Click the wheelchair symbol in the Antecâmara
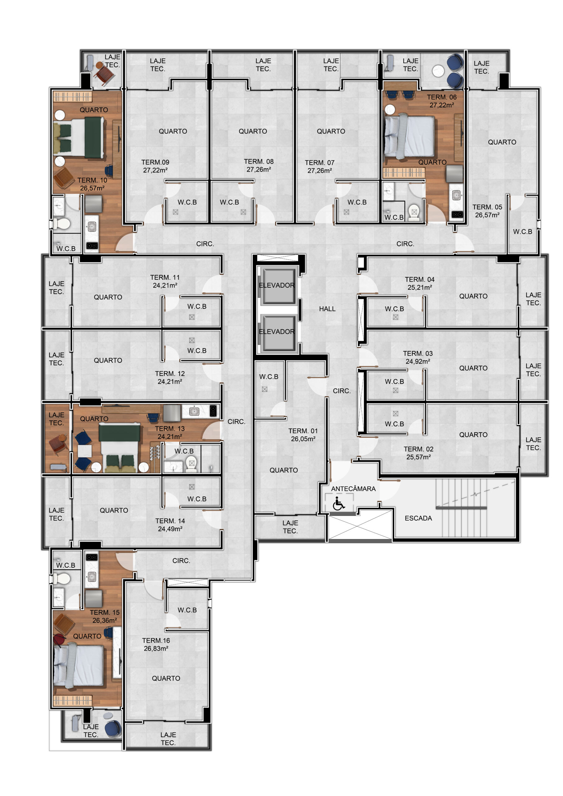[338, 504]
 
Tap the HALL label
[327, 309]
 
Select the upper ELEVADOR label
[277, 285]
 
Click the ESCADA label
[418, 518]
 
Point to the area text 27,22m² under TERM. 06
[442, 105]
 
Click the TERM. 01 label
[303, 431]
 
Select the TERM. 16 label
[156, 641]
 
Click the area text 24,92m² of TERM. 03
[418, 362]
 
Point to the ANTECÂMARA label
[353, 489]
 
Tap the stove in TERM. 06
[457, 215]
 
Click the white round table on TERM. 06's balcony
[438, 71]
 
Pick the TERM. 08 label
[259, 162]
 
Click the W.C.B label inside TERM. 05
[523, 232]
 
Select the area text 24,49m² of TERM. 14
[170, 529]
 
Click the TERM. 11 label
[165, 277]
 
